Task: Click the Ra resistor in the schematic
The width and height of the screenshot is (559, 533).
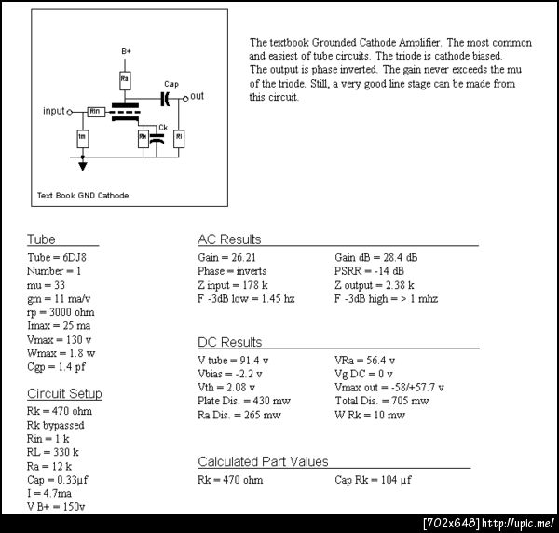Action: tap(125, 80)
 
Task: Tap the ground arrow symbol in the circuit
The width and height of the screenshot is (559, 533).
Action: tap(83, 166)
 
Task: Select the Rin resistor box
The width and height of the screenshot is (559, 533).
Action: tap(96, 112)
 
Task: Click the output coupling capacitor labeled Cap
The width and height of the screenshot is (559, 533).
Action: tap(165, 99)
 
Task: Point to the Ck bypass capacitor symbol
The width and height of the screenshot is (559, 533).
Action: tap(157, 139)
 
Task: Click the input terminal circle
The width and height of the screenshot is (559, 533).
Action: tap(70, 113)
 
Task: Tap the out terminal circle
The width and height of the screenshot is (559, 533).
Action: tap(185, 99)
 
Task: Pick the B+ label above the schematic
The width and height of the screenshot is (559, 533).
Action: tap(126, 51)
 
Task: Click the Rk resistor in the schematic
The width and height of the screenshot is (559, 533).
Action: tap(143, 139)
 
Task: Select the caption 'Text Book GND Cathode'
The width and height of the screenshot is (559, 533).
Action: tap(83, 196)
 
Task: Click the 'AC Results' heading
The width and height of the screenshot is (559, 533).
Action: tap(229, 239)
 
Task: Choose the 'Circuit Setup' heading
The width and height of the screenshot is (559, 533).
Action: tap(64, 393)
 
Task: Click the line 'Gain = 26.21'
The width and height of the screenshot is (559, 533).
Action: tap(226, 258)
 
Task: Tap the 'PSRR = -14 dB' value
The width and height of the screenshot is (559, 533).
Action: tap(369, 271)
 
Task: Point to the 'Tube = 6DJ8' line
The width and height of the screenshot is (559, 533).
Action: tap(57, 257)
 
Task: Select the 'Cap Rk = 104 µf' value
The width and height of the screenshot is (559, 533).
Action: tap(373, 480)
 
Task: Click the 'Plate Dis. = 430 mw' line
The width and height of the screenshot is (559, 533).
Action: tap(244, 401)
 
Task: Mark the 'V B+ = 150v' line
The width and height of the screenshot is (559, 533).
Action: tap(56, 507)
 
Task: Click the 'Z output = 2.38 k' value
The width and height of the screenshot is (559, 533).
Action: tap(375, 285)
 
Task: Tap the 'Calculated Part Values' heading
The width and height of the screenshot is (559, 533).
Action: tap(263, 461)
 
